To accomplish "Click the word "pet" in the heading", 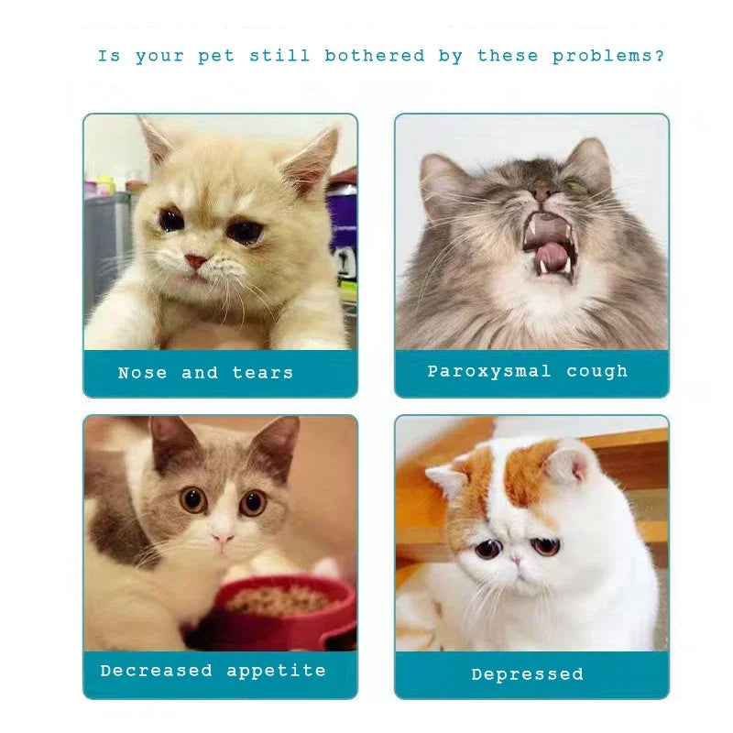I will point(215,57).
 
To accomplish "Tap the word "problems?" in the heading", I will point(608,56).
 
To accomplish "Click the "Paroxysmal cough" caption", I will point(528,371).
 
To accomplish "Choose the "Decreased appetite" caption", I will point(213,671).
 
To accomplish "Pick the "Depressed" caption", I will point(527,674).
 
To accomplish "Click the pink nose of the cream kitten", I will point(197,261).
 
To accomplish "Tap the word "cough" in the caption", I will point(597,371).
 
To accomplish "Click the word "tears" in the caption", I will point(263,373).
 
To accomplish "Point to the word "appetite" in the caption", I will point(276,671).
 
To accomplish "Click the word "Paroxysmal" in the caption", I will point(489,371).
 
